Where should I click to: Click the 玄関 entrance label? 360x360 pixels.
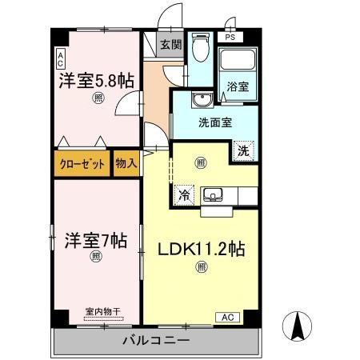click(x=168, y=46)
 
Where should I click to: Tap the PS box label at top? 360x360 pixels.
click(x=230, y=38)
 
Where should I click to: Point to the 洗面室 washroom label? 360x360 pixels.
click(x=215, y=124)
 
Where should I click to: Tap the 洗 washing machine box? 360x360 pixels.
click(x=243, y=149)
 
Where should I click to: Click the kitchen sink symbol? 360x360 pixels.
click(x=214, y=194)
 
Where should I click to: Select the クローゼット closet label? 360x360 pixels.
click(x=82, y=163)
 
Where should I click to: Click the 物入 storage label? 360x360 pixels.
click(x=126, y=163)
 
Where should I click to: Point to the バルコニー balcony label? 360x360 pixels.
click(x=156, y=341)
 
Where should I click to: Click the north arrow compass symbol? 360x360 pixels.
click(x=296, y=324)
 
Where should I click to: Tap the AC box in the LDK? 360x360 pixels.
click(x=226, y=317)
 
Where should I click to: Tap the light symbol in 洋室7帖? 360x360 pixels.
click(x=96, y=257)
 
